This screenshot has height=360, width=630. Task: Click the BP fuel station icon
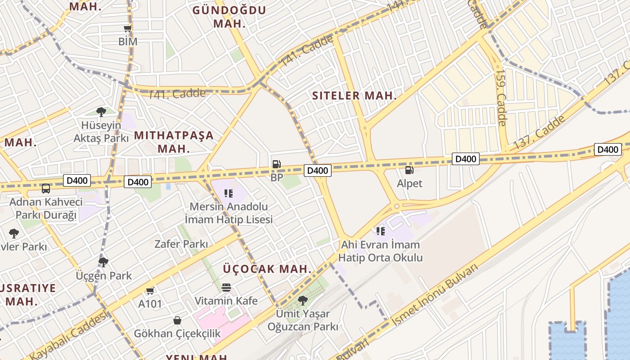276,164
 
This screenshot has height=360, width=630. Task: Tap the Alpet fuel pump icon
409,170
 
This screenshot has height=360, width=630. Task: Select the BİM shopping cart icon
128,29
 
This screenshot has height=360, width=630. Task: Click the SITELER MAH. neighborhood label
355,95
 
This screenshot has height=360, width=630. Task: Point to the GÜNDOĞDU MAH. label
229,17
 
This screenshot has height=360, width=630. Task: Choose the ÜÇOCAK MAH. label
267,269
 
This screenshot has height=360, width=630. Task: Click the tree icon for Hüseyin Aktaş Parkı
101,112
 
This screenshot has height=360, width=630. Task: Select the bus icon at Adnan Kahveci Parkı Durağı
46,189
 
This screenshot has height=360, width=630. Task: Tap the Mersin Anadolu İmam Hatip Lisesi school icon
228,193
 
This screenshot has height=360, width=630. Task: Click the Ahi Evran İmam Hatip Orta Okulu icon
381,231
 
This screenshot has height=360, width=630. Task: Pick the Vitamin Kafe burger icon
226,287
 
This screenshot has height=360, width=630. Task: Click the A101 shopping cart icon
150,291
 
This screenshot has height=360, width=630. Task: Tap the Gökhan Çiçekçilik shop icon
177,320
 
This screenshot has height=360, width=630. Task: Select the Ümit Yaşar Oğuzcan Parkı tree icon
303,300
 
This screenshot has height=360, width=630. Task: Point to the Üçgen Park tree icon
103,262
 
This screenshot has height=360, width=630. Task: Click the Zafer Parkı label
181,244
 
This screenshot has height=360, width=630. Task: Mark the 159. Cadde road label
501,97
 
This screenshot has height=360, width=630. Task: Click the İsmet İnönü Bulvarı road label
435,295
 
